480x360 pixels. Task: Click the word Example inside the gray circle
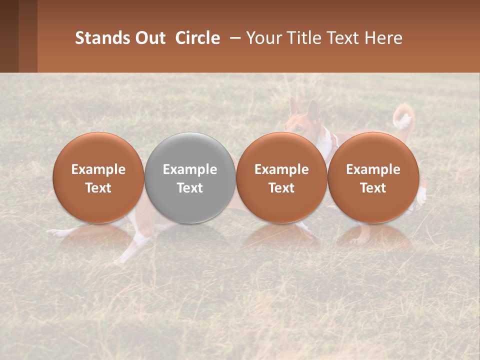click(x=190, y=169)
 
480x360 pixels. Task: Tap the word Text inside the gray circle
click(x=190, y=188)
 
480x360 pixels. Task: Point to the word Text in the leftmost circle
click(x=98, y=188)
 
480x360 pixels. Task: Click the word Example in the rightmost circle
click(x=373, y=169)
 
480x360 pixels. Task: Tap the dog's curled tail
click(x=403, y=119)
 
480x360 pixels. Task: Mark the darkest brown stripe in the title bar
click(x=9, y=36)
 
